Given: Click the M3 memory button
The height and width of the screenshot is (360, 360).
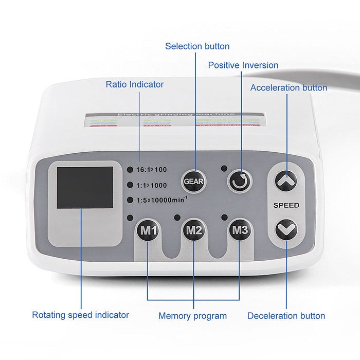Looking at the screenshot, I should coord(240,230).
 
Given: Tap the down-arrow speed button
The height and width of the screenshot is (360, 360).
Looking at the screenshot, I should coord(286,229).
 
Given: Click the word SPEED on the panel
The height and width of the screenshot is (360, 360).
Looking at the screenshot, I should coord(286,205).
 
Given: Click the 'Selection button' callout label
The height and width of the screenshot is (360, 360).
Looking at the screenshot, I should coord(197,46).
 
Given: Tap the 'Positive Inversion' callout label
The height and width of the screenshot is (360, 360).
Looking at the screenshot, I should coord(243,65).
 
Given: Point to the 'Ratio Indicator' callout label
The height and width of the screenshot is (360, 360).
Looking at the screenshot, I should coord(135,84).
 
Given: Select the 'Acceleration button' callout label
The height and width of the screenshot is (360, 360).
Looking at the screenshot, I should coord(289,87).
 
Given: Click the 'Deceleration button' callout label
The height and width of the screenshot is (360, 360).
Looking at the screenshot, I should coord(286,316).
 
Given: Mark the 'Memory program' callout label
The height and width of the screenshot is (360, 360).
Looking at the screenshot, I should coord(192,316).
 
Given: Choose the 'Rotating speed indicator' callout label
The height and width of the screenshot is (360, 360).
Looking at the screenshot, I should coord(81,315).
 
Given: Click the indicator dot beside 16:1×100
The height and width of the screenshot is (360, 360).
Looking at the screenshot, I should coord(131,169).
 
